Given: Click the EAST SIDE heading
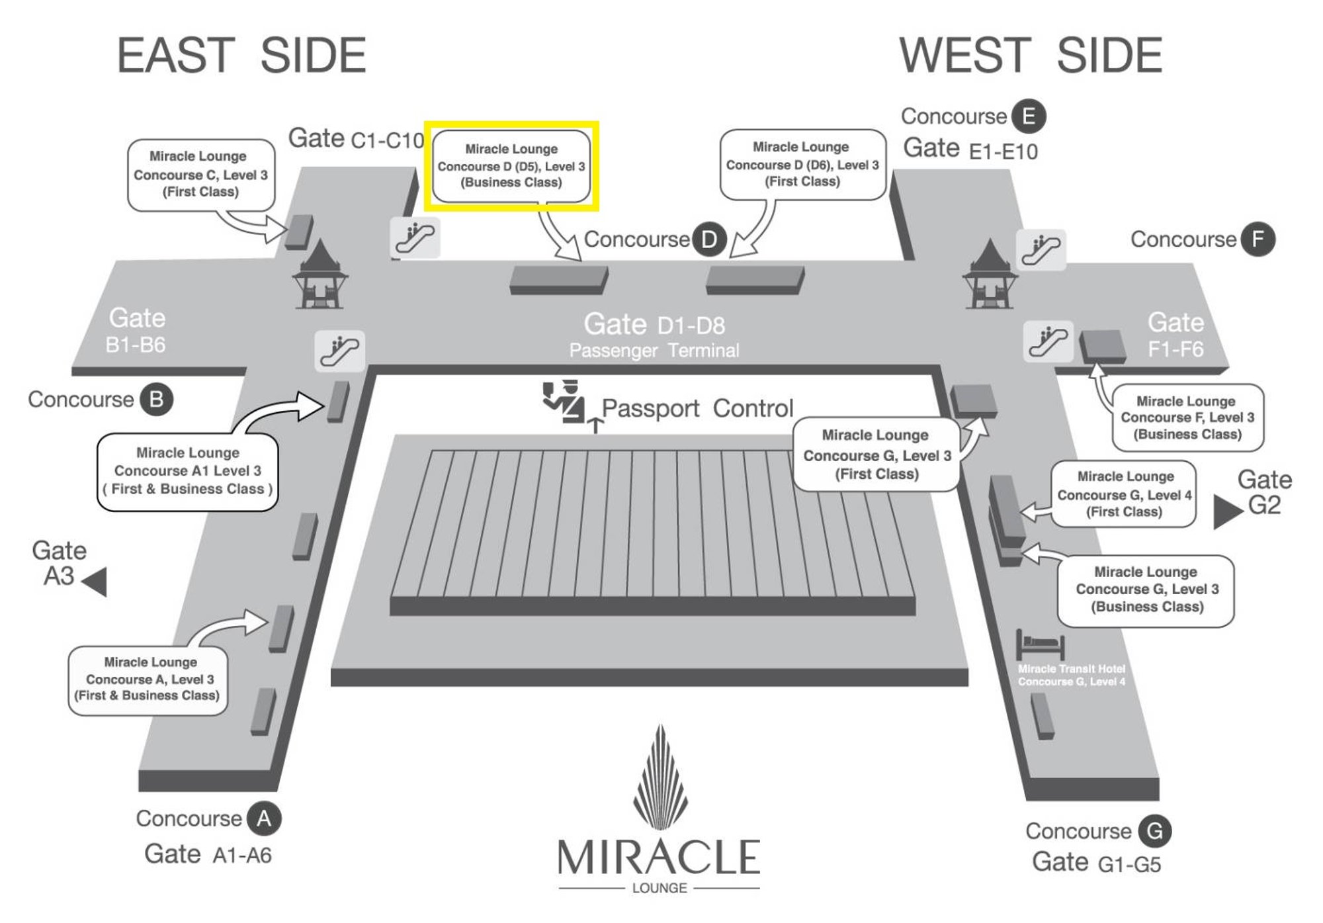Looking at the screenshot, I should pos(241,56).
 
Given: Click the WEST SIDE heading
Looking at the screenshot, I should pos(1031,56).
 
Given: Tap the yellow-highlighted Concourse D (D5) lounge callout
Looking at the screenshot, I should pos(511,166).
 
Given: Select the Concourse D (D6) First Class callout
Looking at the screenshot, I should pos(802,164).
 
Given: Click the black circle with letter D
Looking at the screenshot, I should pos(708,240).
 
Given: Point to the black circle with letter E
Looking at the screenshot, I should pos(1029,116).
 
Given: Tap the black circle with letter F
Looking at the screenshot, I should pos(1258,240).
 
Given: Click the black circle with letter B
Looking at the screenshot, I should pos(156,400).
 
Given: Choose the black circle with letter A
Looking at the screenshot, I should pos(264,818).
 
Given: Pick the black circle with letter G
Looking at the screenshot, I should pos(1154,831).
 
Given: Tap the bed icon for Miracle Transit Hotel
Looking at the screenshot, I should pos(1040,644).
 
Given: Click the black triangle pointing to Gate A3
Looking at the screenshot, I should pos(95,582).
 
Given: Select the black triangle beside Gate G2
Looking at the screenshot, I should pos(1227,511).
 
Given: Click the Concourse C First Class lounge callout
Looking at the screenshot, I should pos(200,175).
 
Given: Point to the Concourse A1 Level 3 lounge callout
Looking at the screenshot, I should pos(188,471).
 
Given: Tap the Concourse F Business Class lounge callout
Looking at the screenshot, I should pos(1187,418).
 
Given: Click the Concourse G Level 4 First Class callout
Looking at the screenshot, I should pos(1124,494).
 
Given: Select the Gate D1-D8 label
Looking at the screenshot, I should pos(654,325).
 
